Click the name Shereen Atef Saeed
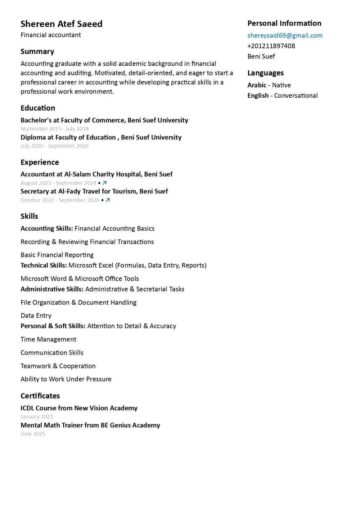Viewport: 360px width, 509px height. [61, 24]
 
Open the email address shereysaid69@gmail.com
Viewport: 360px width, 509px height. [285, 36]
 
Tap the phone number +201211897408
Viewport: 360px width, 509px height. [271, 46]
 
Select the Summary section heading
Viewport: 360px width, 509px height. [37, 52]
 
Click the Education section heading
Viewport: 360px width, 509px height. [38, 108]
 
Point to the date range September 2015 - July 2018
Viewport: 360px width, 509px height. [54, 129]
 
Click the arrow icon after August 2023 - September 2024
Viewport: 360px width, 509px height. [105, 183]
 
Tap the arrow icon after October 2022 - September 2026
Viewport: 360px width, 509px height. [108, 200]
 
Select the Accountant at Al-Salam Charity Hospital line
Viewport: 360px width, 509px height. [96, 174]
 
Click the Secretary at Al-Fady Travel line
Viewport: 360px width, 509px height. [94, 191]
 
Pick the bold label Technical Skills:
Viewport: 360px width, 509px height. [44, 265]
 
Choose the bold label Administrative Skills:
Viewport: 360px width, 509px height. [52, 289]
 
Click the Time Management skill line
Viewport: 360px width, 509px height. [48, 339]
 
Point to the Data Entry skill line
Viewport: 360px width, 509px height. [36, 316]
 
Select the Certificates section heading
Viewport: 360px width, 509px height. [40, 396]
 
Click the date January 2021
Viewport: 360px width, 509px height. [37, 417]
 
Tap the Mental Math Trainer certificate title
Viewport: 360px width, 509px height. [90, 425]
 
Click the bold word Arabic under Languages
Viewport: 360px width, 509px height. [257, 85]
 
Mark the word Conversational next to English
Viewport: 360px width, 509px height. [296, 96]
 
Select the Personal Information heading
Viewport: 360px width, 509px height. [284, 23]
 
